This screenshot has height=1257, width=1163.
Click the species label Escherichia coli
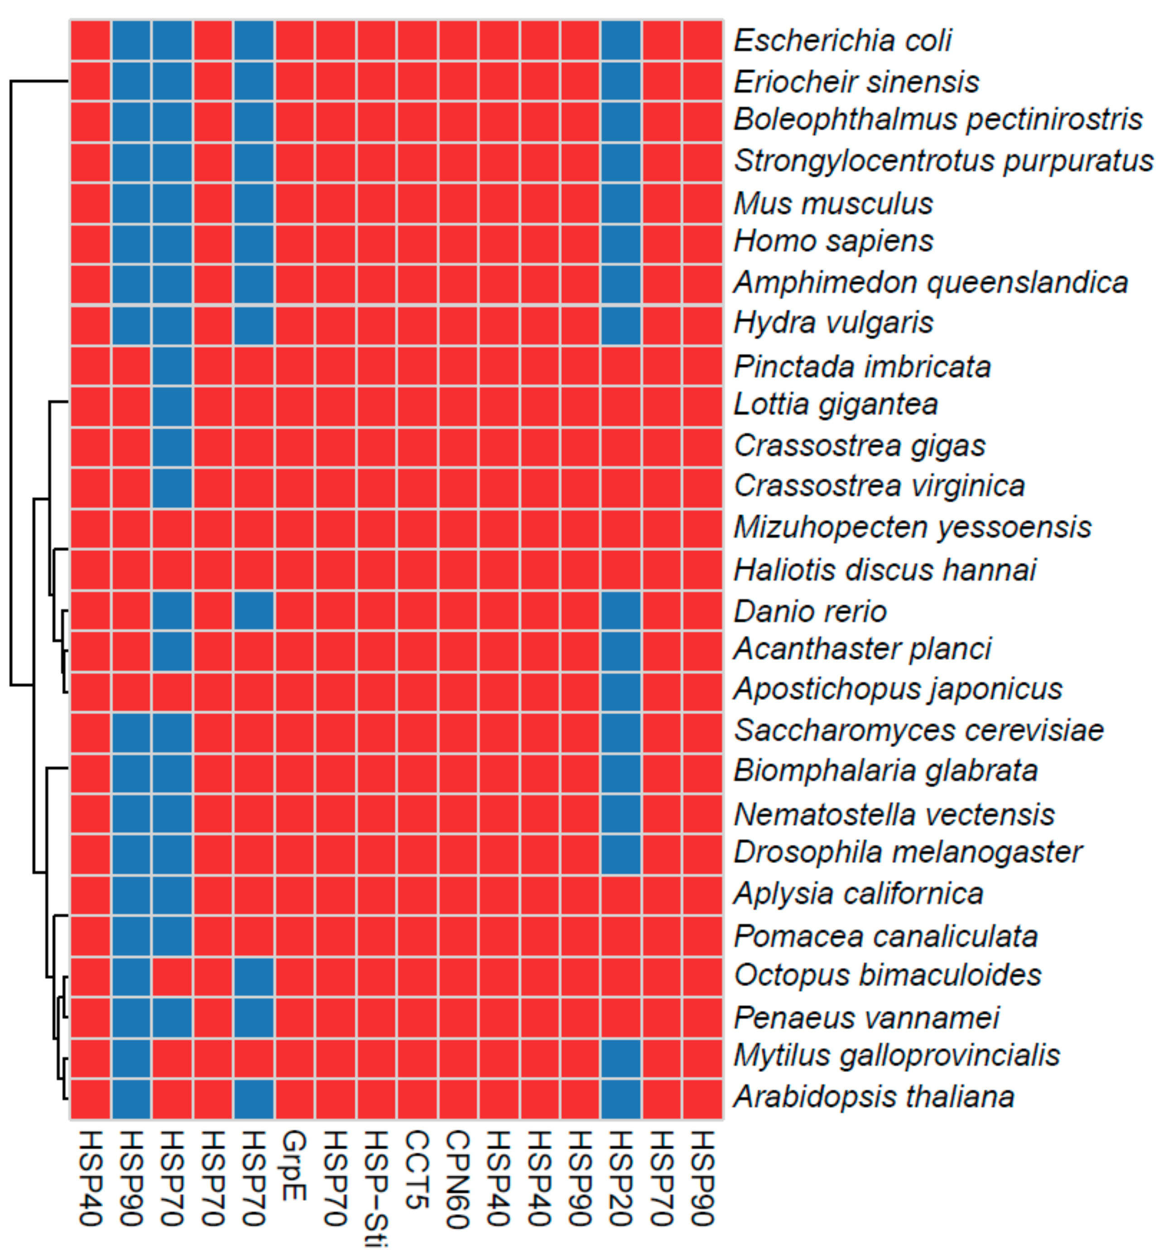click(842, 41)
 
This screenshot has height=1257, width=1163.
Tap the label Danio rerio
click(810, 611)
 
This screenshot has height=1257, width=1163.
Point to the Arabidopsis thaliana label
click(874, 1097)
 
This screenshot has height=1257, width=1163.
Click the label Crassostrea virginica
click(879, 486)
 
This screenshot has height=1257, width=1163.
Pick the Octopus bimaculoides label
click(887, 975)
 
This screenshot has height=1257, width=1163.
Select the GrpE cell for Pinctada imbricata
click(294, 366)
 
